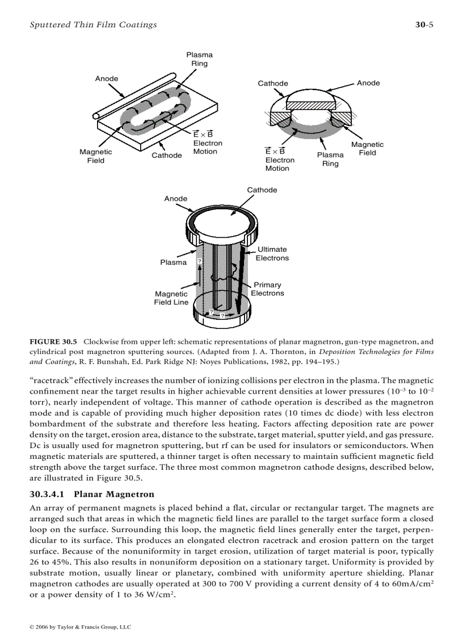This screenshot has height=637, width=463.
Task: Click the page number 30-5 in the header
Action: [x=424, y=24]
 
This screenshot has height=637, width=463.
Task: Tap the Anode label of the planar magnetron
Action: [x=107, y=78]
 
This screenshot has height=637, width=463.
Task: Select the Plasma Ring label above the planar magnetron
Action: [x=200, y=59]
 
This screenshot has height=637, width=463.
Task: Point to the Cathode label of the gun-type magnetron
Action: [x=273, y=83]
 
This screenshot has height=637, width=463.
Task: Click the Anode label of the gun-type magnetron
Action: [x=368, y=83]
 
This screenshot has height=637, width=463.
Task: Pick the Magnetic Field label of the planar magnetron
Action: [x=96, y=156]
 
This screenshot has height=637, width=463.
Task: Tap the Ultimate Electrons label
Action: [x=272, y=254]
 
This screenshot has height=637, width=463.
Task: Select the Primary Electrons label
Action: [x=267, y=289]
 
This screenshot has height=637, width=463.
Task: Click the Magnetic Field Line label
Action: [x=171, y=298]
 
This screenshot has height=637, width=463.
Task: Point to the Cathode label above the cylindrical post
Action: [x=262, y=190]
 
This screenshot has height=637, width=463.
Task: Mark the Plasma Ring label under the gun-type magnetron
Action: [x=330, y=159]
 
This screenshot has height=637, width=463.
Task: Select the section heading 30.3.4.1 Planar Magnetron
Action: [x=91, y=495]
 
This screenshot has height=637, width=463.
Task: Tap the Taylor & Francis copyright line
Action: [x=80, y=627]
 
